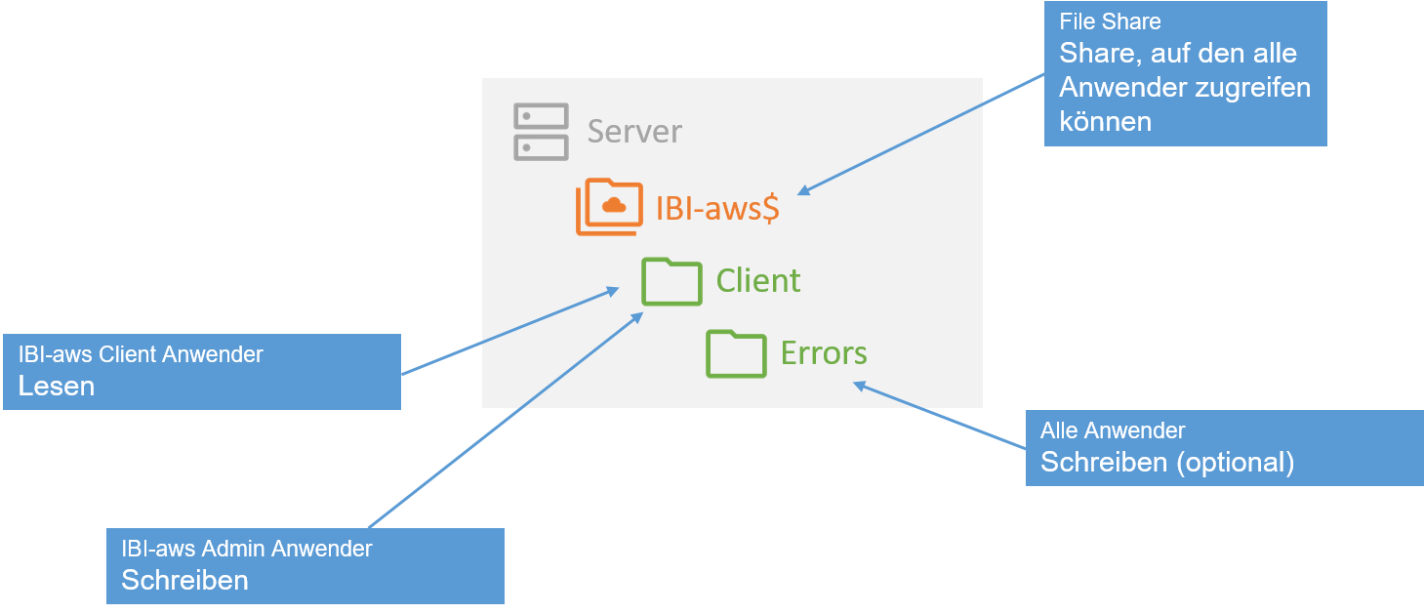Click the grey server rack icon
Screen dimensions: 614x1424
[x=541, y=132]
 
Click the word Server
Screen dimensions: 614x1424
[x=634, y=132]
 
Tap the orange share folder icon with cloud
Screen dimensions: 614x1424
[x=610, y=207]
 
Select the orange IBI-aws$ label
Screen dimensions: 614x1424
[x=717, y=209]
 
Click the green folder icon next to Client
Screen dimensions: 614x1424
[x=671, y=281]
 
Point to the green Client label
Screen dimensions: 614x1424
[x=758, y=281]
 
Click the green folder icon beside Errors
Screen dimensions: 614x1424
[x=736, y=353]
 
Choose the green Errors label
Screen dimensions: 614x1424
[x=824, y=353]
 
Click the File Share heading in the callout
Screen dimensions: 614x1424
[x=1110, y=21]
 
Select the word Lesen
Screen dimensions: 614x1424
[x=57, y=387]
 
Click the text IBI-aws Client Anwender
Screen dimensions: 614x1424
[x=141, y=354]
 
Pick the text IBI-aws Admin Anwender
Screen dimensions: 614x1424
[x=246, y=549]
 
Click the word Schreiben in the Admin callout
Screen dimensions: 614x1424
[x=184, y=581]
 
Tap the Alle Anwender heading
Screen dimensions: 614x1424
[x=1113, y=430]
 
